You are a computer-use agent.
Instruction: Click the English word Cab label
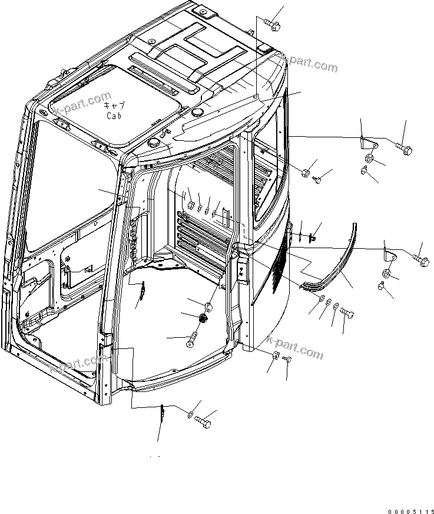coord(114,116)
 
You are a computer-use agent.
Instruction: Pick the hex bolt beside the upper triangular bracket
coord(403,145)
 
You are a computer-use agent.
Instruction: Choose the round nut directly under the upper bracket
coord(369,158)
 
